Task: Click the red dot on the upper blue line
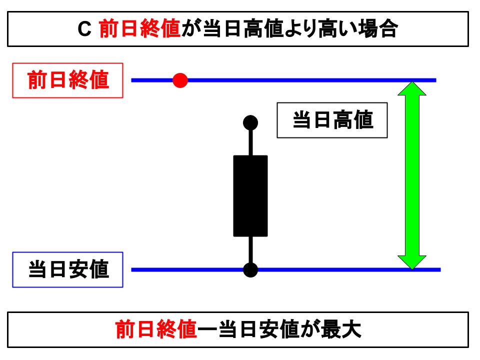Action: pos(180,80)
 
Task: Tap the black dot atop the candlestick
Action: pos(250,122)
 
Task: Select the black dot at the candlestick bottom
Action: pos(250,269)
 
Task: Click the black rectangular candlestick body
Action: pos(250,195)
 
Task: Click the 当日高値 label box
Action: pos(332,120)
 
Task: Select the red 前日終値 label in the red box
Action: pos(68,80)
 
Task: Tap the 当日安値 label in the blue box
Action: pos(68,270)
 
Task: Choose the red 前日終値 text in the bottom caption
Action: pos(156,330)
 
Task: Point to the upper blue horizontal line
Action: pos(310,80)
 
